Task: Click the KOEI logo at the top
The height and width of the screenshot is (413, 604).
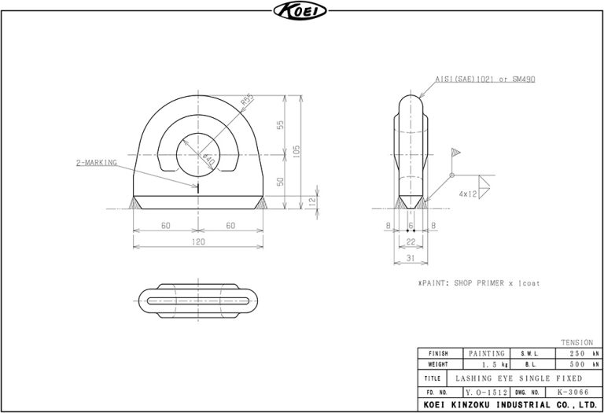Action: (301, 11)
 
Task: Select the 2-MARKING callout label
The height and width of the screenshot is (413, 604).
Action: (96, 163)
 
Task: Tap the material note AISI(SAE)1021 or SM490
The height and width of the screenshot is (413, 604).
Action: (485, 79)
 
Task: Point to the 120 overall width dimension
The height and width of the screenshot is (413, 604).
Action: (198, 242)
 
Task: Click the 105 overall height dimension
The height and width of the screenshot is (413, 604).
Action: (296, 151)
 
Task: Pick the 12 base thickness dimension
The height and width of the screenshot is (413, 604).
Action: (312, 201)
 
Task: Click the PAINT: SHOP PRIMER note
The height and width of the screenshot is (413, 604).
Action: (478, 282)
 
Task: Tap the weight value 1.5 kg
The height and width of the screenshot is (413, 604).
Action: (487, 365)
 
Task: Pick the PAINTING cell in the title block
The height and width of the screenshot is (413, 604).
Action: (487, 354)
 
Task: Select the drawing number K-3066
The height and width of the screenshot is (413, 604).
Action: (571, 391)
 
